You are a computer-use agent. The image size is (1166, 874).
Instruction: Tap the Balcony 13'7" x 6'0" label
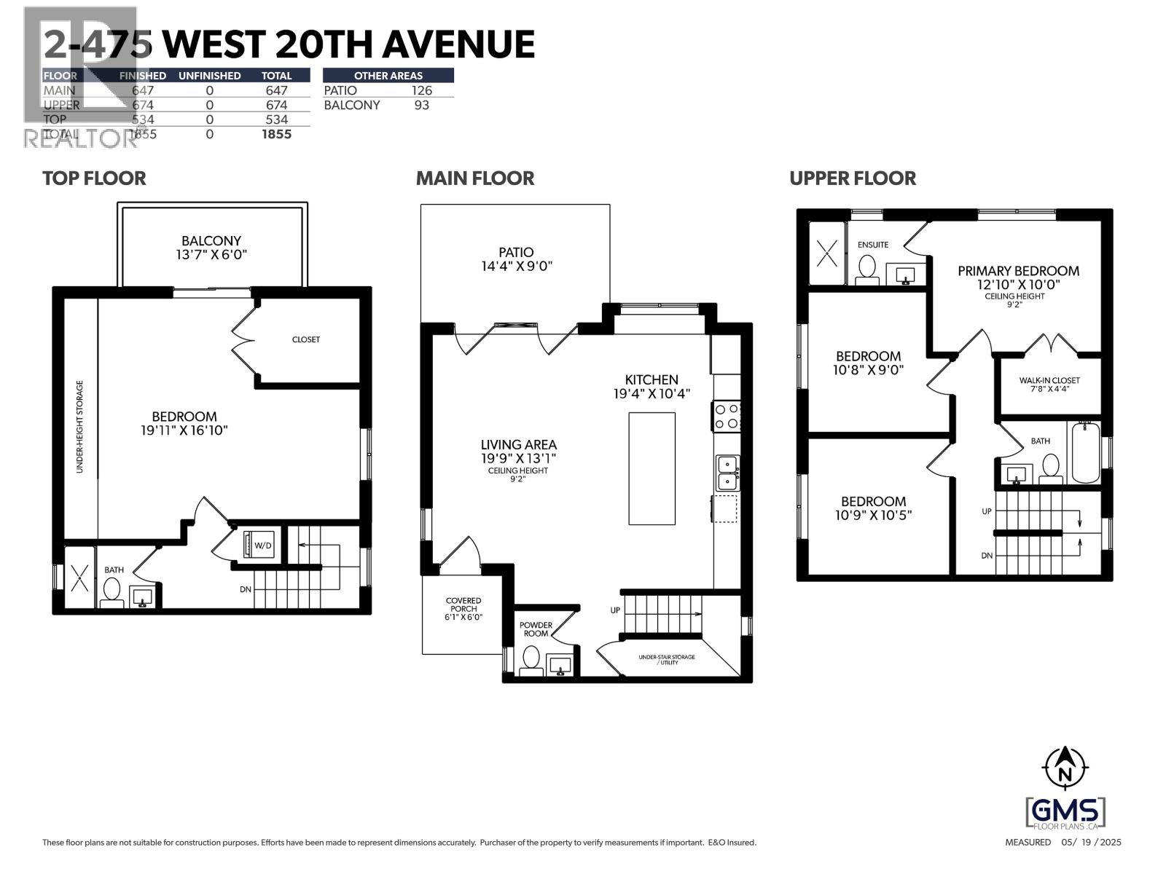tap(211, 248)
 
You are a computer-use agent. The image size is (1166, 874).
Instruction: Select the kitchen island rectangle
tap(652, 468)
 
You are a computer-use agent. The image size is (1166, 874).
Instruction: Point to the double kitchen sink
tap(727, 473)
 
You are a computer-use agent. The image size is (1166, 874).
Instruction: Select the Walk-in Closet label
tap(1049, 385)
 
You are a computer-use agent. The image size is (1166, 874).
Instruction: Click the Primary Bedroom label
tap(1018, 277)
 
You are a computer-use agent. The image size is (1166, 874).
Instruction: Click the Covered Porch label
tap(463, 609)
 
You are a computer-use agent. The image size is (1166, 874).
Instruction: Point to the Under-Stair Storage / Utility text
tap(667, 660)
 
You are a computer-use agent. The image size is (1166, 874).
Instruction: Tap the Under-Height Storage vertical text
tap(80, 427)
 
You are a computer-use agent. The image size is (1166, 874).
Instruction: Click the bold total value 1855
tap(276, 134)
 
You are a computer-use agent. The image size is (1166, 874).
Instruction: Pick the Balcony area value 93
tap(421, 105)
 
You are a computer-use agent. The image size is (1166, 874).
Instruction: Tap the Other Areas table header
tap(388, 75)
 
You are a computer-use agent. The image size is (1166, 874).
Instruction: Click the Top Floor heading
tap(94, 178)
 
